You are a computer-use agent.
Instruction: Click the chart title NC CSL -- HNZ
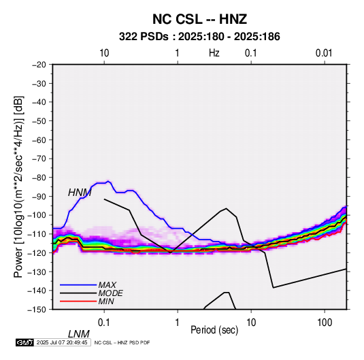coord(199,19)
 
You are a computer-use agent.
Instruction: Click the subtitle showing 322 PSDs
coord(199,37)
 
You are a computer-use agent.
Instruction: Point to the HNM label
coord(80,193)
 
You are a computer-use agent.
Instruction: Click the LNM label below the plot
coord(78,334)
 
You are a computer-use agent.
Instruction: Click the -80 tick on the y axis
coord(39,178)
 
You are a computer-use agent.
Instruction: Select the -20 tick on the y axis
coord(39,65)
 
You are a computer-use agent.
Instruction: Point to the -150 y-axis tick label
coord(37,310)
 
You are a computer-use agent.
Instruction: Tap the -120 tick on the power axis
coord(37,252)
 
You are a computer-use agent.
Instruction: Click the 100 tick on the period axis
coord(325,323)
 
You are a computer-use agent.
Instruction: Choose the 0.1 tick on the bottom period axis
coord(104,323)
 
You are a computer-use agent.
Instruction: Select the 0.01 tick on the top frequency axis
coord(324,53)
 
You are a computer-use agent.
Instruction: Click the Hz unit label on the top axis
coord(214,53)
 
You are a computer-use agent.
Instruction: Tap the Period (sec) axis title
coord(214,330)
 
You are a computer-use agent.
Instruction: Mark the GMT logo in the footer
coord(25,342)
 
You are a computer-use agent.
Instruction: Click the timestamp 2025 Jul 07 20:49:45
coord(62,342)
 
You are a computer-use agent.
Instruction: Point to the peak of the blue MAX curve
coord(108,181)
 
